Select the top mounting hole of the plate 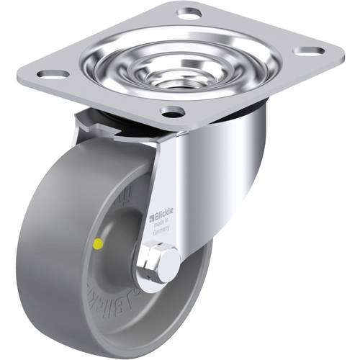(189, 12)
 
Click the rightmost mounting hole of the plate (311, 51)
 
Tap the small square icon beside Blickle (151, 217)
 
